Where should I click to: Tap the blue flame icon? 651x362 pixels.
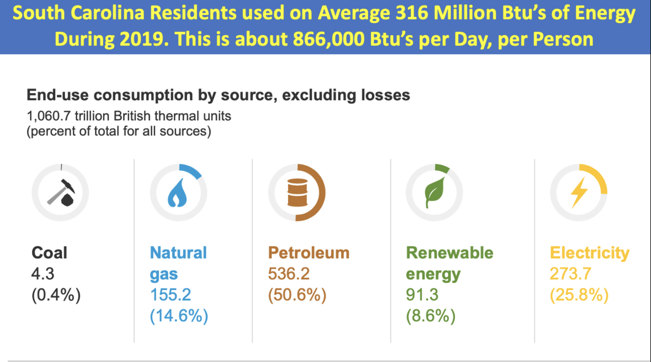pos(178,193)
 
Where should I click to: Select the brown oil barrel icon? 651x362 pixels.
pos(297,193)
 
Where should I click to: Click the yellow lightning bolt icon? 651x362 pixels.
pos(579,192)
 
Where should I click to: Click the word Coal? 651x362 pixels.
pos(49,253)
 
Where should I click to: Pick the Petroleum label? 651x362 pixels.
pos(309,253)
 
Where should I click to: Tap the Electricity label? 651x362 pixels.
pos(589,253)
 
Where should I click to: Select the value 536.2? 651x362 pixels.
pos(289,274)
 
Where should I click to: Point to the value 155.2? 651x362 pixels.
pos(170,295)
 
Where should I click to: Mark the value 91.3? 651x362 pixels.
pos(422,295)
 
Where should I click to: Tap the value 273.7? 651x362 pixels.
pos(570,274)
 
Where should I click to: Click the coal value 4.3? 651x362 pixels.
pos(43,274)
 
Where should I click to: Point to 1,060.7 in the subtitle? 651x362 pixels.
pos(49,116)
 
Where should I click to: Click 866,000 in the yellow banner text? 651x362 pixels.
pos(328,39)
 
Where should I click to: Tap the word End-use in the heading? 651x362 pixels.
pos(57,95)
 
